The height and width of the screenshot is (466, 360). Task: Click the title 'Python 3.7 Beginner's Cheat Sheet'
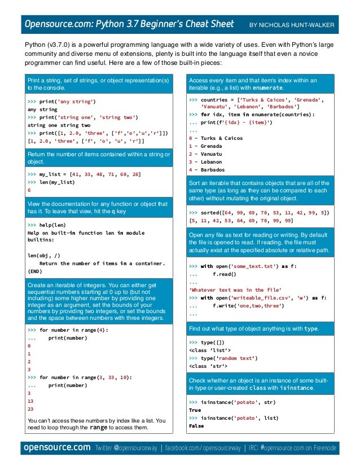tap(164, 24)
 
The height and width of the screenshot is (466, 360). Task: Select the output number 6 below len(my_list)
tap(29, 190)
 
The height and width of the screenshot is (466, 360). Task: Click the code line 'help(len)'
tap(50, 225)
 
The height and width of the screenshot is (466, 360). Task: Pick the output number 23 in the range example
tap(30, 409)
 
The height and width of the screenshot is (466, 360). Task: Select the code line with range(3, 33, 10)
tap(85, 377)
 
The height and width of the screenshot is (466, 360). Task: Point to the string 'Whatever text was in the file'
tap(234, 289)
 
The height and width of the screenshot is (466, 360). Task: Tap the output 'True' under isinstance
tap(195, 410)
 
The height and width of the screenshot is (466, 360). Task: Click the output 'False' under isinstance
tap(196, 426)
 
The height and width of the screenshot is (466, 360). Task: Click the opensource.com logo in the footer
tap(56, 448)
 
